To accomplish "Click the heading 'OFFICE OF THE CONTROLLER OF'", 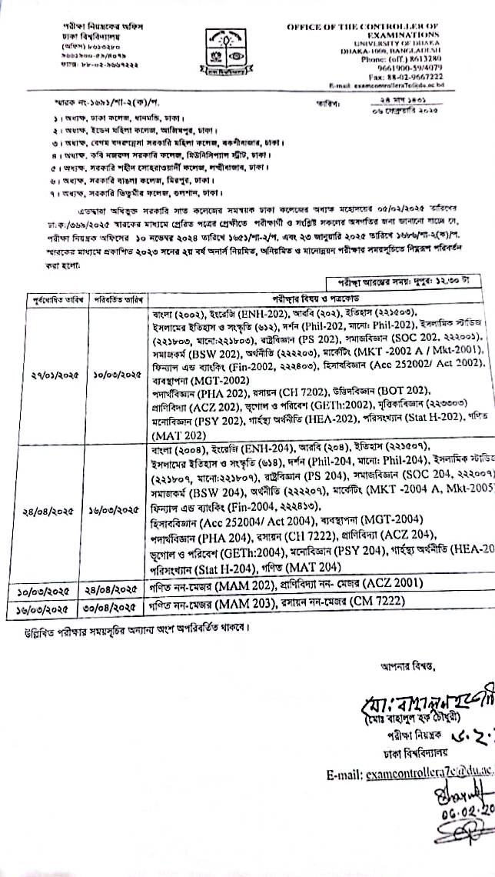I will click(x=363, y=27).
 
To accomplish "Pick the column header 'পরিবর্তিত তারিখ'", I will click(x=118, y=298).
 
